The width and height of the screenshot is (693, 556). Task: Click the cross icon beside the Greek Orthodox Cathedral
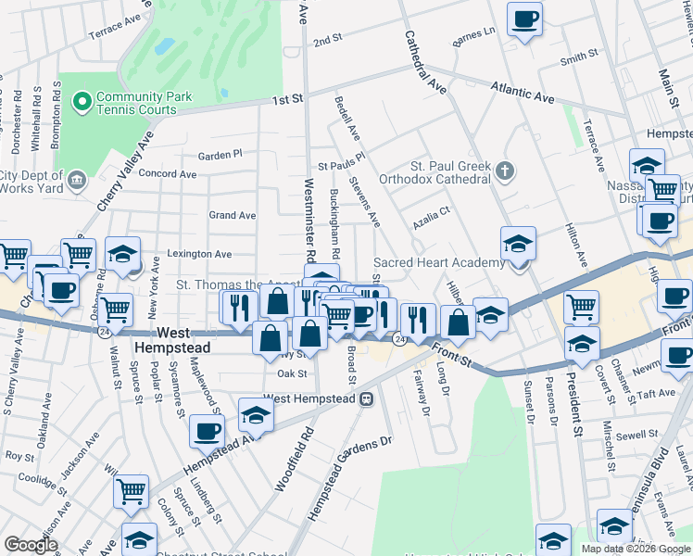(504, 171)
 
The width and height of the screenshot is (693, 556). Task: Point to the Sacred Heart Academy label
(438, 263)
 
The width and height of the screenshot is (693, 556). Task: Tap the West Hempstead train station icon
(367, 399)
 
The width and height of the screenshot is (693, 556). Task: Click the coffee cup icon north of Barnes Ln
(524, 19)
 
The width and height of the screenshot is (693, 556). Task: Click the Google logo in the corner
(31, 544)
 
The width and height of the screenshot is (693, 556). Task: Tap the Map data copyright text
(636, 549)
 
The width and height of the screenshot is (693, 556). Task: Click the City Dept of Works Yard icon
(75, 177)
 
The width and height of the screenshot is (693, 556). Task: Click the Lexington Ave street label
(199, 253)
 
